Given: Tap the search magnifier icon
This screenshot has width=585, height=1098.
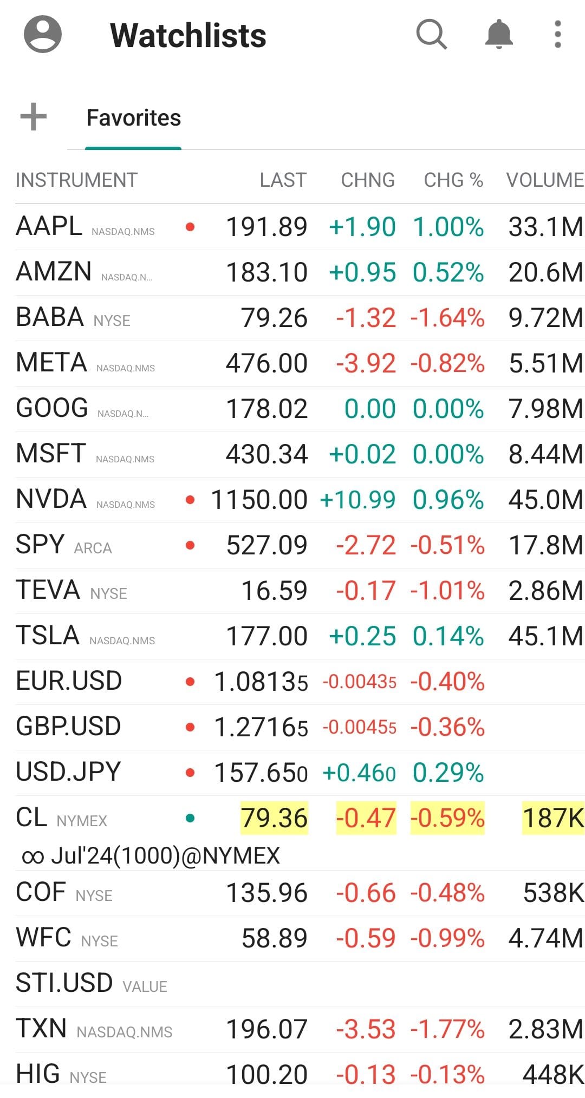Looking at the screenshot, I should (x=431, y=35).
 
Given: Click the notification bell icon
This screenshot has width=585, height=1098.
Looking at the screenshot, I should (x=498, y=35).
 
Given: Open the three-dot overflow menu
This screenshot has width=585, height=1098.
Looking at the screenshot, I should (x=557, y=35).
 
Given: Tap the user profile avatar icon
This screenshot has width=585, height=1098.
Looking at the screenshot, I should (x=43, y=35).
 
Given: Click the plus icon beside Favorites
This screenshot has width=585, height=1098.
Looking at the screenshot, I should (x=34, y=117).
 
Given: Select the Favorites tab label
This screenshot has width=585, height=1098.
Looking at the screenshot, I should (x=134, y=117).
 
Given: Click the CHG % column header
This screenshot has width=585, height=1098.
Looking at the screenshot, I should (x=453, y=180).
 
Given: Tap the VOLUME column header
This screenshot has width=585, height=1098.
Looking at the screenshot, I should (x=544, y=180).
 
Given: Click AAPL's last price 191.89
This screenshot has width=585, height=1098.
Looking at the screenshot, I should (x=266, y=227).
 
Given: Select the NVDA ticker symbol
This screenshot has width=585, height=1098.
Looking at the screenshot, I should (x=51, y=499).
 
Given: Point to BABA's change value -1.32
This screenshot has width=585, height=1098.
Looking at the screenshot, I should (x=366, y=318).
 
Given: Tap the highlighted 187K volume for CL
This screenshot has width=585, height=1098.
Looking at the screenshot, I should (x=552, y=818).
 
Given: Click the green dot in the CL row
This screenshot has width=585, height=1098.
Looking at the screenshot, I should (x=190, y=818).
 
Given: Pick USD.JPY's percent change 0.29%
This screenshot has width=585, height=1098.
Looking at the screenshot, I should (x=448, y=772).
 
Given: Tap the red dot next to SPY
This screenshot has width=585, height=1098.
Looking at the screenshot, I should (x=190, y=545).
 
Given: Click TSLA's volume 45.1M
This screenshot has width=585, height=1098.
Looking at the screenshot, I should (x=545, y=636).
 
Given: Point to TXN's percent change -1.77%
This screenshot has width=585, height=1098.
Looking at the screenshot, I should (x=447, y=1029).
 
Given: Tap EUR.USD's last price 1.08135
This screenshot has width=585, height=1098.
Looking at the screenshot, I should (x=261, y=682).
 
